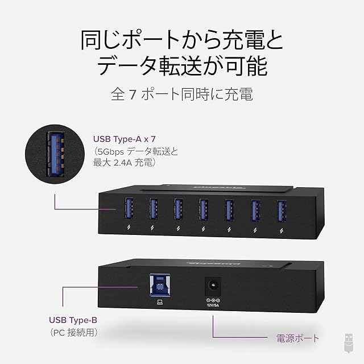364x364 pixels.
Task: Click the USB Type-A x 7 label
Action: [123, 138]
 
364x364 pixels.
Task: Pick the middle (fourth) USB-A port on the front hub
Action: [202, 209]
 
